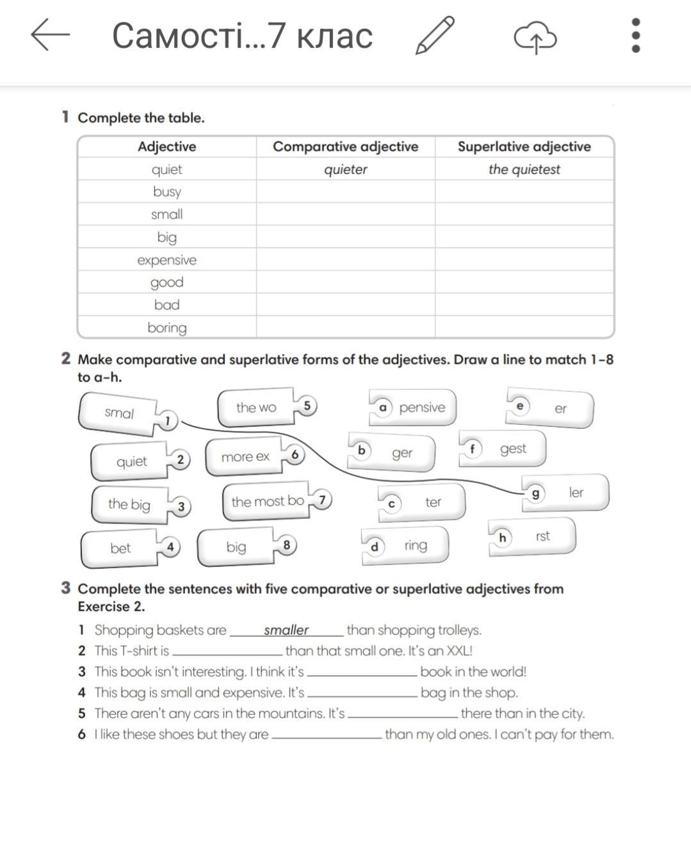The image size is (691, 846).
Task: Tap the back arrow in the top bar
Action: [50, 35]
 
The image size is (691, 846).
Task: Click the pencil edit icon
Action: [435, 35]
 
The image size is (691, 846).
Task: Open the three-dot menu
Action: [635, 35]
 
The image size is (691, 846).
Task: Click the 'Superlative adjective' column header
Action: [524, 147]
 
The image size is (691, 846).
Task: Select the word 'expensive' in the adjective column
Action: [167, 260]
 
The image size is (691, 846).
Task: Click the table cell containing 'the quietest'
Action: [524, 170]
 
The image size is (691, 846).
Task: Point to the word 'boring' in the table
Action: [167, 328]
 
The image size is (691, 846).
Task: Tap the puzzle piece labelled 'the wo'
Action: [256, 407]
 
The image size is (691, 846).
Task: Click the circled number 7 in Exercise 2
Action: [322, 499]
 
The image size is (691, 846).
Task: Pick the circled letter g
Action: [535, 493]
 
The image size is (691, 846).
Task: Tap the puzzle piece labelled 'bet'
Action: [120, 548]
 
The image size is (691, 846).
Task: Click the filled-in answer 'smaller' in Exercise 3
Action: [286, 630]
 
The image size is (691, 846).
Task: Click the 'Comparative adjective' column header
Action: [345, 147]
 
